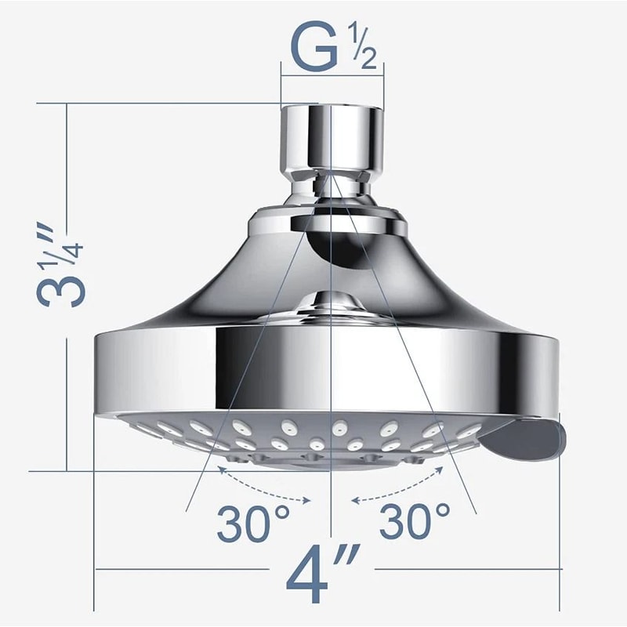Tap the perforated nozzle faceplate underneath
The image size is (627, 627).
tap(313, 439)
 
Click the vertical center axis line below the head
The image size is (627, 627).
tap(332, 533)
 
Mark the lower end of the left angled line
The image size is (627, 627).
tap(188, 510)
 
